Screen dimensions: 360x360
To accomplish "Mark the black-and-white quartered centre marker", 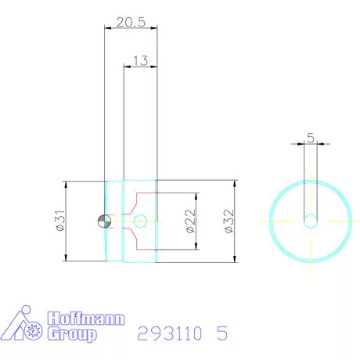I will pyautogui.click(x=101, y=221).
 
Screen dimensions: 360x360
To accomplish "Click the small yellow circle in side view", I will pyautogui.click(x=140, y=221).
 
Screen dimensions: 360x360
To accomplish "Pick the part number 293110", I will pyautogui.click(x=170, y=334).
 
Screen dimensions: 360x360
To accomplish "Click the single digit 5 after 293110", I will pyautogui.click(x=222, y=334).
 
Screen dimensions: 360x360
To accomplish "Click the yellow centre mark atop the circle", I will pyautogui.click(x=311, y=183).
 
